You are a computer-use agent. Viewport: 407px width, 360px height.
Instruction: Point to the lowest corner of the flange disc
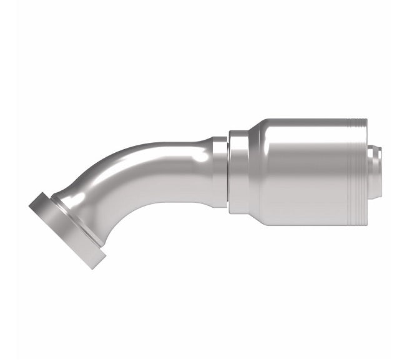click(x=94, y=268)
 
